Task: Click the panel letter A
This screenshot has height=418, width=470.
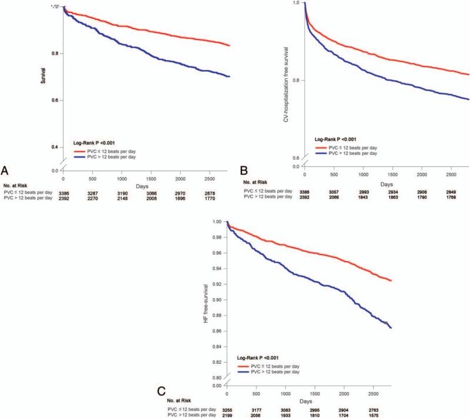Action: (x=6, y=171)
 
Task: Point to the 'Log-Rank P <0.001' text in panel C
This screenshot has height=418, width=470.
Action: (x=261, y=357)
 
